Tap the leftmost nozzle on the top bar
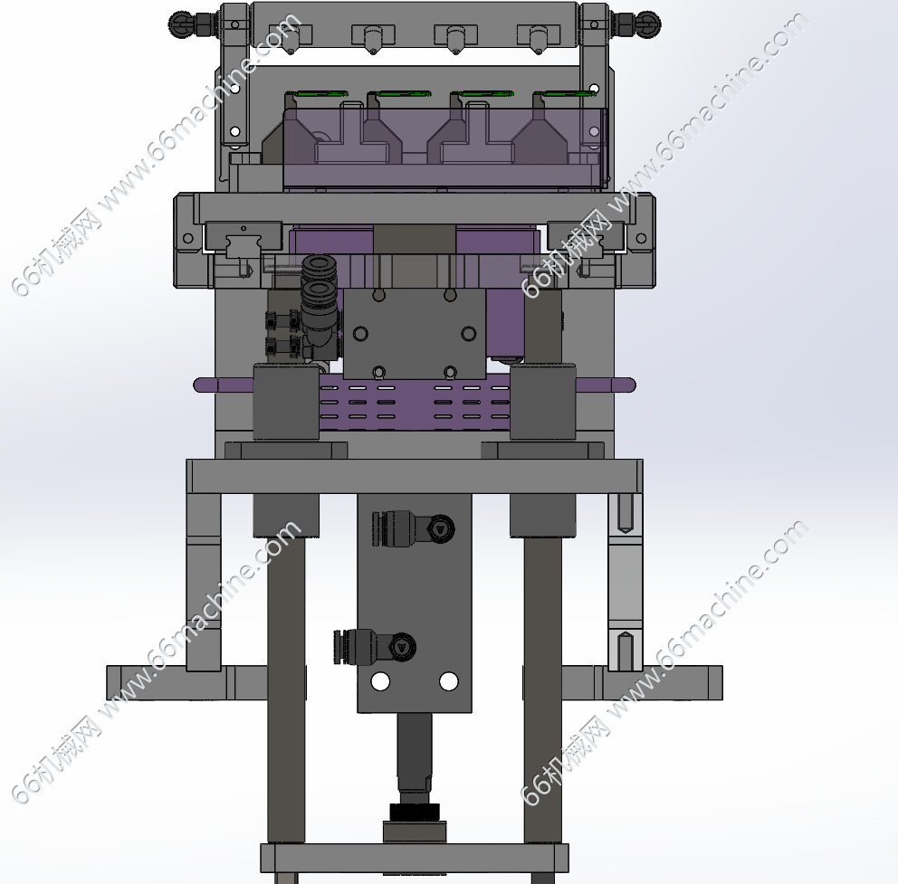pos(291,38)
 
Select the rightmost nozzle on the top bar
pos(537,38)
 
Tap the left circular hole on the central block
pos(361,333)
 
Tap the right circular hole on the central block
pos(469,333)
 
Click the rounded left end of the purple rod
pos(200,385)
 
